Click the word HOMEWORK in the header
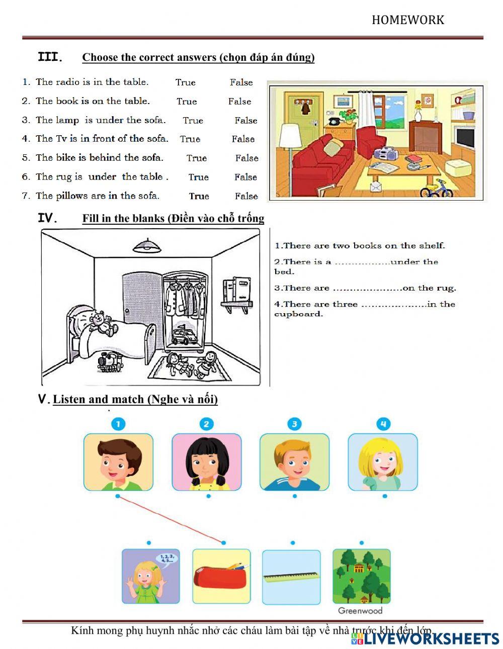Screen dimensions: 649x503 407,20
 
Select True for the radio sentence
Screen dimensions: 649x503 185,82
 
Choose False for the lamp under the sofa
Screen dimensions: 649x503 245,121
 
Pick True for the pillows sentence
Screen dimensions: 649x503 199,196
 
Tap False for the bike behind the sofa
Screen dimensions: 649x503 246,158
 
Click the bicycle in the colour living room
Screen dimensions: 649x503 436,189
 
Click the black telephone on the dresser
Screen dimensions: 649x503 333,121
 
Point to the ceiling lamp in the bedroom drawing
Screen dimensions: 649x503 147,246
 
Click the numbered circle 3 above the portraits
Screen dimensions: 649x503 294,424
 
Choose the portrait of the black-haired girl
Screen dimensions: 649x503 207,462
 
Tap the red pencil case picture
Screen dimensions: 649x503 221,576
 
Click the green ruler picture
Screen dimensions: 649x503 291,576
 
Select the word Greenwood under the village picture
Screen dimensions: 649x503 360,611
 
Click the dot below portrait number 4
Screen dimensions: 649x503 385,496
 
